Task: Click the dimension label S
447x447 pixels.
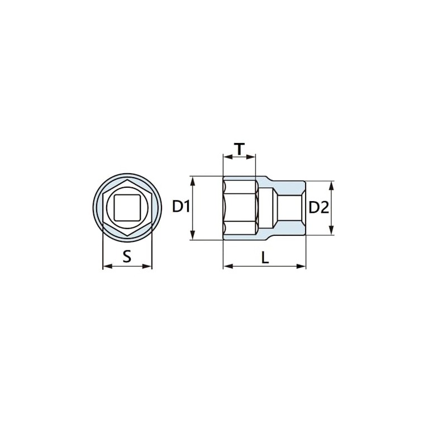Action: (127, 256)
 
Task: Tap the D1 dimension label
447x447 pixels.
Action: (181, 207)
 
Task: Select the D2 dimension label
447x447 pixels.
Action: (318, 207)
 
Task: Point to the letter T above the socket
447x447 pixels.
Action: (239, 149)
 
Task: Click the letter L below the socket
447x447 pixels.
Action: (265, 257)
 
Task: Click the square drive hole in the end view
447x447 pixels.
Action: (127, 207)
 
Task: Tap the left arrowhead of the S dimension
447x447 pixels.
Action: (106, 267)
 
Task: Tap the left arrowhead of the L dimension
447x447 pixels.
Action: (226, 266)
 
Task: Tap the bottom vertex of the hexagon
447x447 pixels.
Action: (127, 235)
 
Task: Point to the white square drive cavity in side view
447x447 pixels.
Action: (290, 208)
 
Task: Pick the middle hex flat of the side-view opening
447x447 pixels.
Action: (240, 207)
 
